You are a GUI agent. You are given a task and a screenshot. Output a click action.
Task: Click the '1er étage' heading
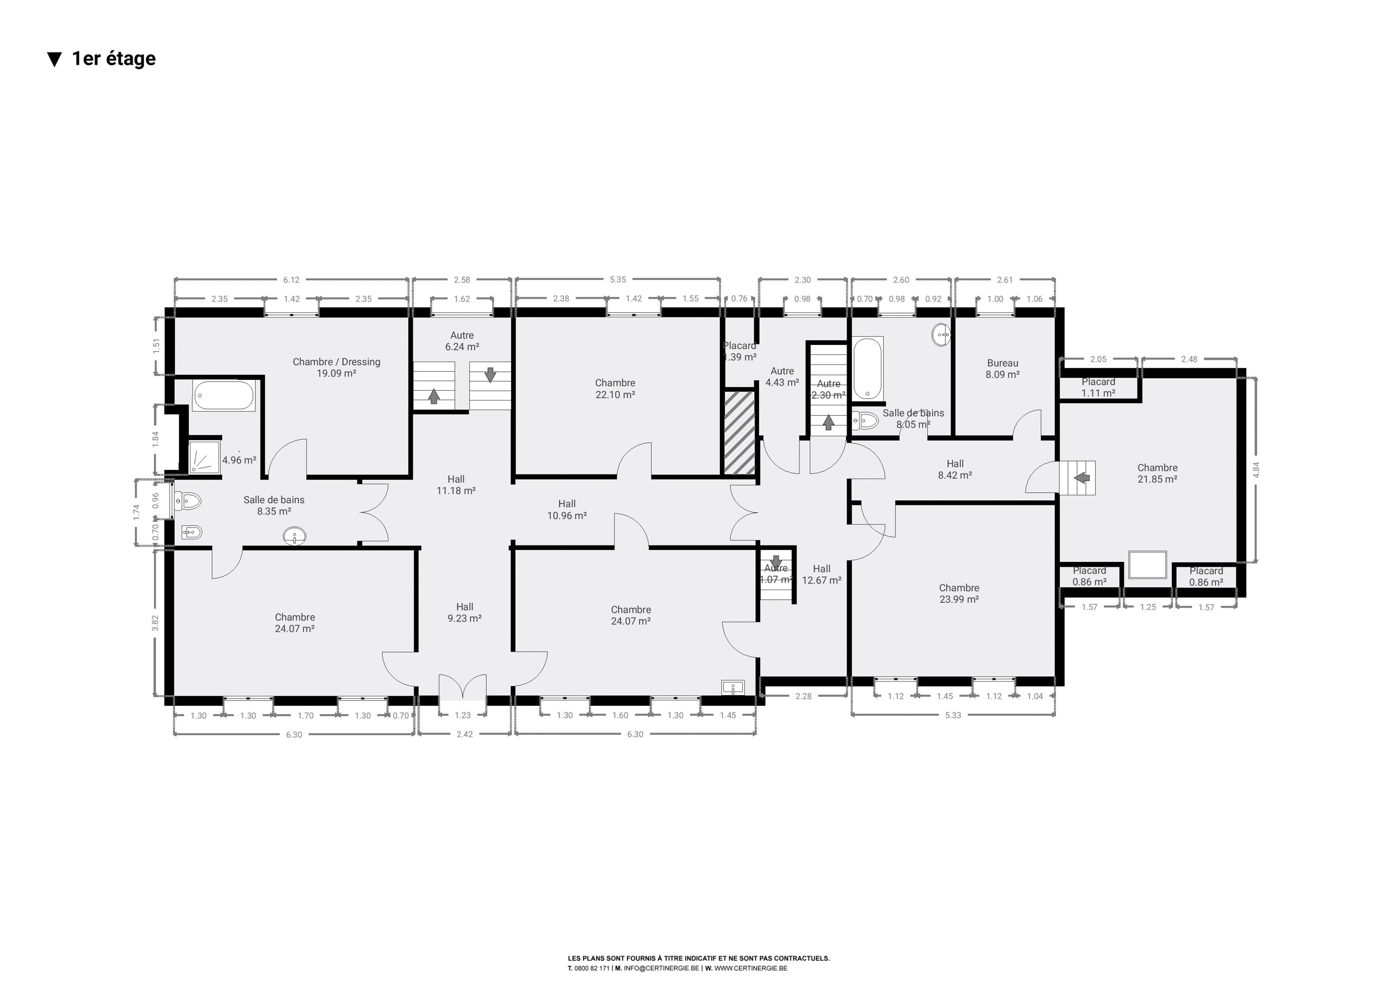[x=114, y=59]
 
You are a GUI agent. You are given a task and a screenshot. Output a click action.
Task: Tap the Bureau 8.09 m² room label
[x=1002, y=369]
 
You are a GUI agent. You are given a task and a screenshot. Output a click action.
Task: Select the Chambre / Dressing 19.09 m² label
[x=337, y=367]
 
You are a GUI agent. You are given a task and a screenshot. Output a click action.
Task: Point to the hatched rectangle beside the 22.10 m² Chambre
[x=739, y=432]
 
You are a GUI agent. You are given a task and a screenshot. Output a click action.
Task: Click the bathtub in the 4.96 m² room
[x=223, y=395]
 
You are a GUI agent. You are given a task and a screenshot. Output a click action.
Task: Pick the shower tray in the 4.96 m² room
[x=205, y=456]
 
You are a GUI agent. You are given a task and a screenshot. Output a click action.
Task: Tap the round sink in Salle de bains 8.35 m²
[x=295, y=536]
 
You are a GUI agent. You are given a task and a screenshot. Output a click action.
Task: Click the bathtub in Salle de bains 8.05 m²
[x=868, y=369]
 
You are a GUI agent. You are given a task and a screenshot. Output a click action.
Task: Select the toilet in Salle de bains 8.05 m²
[x=865, y=420]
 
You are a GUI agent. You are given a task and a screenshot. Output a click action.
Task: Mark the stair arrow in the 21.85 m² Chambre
[x=1082, y=478]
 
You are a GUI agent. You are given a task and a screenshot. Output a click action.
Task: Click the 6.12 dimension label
[x=291, y=280]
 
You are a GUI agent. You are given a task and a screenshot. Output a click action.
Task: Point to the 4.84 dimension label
[x=1256, y=470]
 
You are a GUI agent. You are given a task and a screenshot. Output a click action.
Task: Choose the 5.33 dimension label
[x=953, y=715]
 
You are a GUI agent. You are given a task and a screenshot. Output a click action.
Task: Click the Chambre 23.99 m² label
[x=959, y=593]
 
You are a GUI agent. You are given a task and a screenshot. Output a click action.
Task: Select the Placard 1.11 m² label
[x=1098, y=387]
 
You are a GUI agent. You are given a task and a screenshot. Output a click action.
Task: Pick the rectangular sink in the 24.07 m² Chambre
[x=733, y=687]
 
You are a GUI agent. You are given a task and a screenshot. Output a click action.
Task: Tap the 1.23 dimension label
[x=463, y=715]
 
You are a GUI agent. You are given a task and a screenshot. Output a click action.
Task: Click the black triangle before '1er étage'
[x=54, y=59]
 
